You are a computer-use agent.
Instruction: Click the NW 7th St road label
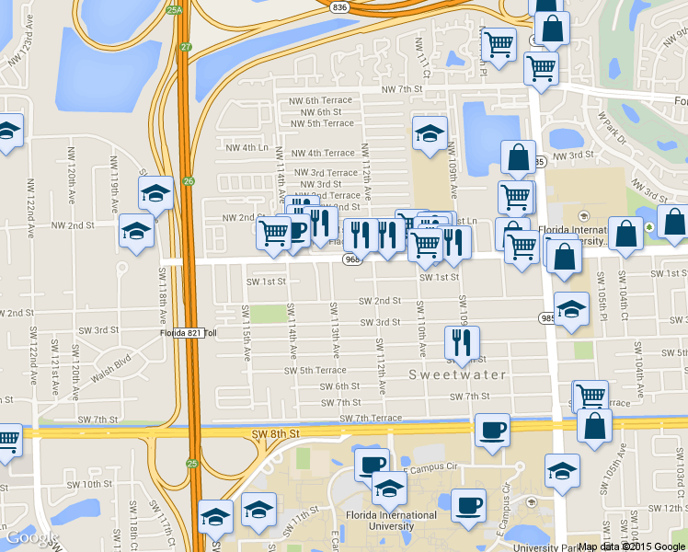coord(404,89)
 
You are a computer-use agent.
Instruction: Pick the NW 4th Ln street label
coord(247,147)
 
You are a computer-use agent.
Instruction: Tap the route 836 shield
coord(340,6)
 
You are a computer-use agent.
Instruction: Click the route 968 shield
coord(352,260)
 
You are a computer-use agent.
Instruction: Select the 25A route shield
coord(175,10)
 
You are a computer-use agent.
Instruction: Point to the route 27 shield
coord(187,46)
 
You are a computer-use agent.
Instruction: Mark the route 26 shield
coord(189,180)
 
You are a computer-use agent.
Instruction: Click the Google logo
coord(31,537)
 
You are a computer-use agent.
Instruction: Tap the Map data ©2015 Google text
coord(631,546)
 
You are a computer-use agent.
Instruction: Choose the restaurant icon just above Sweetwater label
coord(461,343)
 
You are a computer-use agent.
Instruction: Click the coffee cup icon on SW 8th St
coord(493,430)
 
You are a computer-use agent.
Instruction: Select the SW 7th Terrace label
coord(371,419)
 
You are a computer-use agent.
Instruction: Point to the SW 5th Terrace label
coord(315,370)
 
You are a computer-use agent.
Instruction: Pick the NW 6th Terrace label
coord(324,100)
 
